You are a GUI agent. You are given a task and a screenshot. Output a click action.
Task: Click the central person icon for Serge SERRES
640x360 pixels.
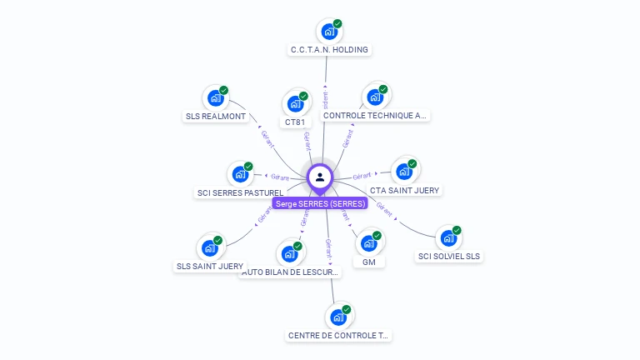tap(320, 177)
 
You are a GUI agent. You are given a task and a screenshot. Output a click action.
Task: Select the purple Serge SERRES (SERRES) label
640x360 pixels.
tap(320, 203)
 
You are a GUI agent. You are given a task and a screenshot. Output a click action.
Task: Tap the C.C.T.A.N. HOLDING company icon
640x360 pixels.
tap(329, 32)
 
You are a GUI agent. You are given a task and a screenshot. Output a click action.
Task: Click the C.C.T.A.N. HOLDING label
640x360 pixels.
tap(329, 50)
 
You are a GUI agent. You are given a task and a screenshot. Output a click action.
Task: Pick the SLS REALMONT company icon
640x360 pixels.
tap(216, 98)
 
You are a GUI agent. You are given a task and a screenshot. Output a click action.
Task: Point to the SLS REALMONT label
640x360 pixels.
tap(216, 117)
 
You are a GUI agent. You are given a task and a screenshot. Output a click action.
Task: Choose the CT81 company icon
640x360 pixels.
tap(295, 103)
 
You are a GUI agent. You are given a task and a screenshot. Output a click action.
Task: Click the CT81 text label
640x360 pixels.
tap(295, 122)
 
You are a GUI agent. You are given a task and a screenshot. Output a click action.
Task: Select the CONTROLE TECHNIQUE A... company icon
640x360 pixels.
tap(375, 97)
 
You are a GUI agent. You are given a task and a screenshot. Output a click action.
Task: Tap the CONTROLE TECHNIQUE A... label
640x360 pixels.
tap(375, 117)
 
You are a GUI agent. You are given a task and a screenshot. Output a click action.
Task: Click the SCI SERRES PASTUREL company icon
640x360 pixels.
tap(240, 174)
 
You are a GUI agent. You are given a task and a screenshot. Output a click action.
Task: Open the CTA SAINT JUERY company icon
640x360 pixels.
tap(404, 172)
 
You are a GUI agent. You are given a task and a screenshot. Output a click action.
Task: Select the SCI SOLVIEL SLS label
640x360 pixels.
tap(449, 257)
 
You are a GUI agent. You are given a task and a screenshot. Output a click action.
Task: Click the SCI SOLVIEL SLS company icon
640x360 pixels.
tap(448, 238)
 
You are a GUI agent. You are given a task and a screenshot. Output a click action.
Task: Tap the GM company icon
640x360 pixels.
tap(369, 243)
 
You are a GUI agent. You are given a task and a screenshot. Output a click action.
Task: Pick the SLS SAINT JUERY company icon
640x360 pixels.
tap(210, 248)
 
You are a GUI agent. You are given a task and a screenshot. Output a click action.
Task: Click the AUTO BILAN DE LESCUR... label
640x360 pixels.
tap(290, 272)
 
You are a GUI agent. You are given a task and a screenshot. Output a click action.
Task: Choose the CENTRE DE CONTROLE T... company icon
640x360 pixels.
tap(338, 317)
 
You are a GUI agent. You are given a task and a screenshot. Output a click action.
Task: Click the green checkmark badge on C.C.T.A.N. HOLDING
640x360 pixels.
tap(337, 24)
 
